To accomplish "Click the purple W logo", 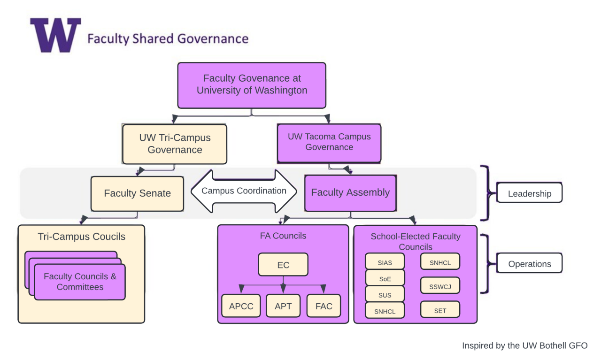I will tap(55, 35).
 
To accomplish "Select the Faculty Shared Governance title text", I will tap(168, 38).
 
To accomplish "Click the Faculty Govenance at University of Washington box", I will tap(252, 85).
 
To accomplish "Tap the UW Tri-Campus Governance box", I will tap(175, 144).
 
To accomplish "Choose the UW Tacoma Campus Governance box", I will tap(329, 142).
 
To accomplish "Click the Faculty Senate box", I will tap(137, 193).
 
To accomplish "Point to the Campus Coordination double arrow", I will tap(244, 191).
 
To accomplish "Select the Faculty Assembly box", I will tap(350, 192).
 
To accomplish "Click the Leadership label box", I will tap(529, 193).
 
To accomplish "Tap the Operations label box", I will tap(529, 264).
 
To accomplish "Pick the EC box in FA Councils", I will tap(283, 265).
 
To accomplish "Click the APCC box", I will tap(241, 306).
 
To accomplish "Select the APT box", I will tap(283, 306).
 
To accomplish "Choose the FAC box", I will tap(324, 306).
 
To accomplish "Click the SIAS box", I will tap(385, 262).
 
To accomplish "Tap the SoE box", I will tap(385, 278).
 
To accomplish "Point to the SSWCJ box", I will tap(440, 285).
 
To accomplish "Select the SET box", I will tap(440, 310).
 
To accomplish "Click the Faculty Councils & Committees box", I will tap(80, 282).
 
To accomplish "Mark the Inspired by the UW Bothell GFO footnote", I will tap(524, 345).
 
